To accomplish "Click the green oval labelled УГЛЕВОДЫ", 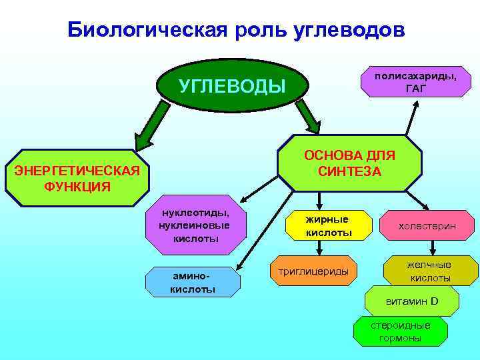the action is [232, 86].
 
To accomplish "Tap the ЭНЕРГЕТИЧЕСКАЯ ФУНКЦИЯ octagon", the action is [77, 177].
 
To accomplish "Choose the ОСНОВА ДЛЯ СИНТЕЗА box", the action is [349, 163].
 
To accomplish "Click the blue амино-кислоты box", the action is [193, 282].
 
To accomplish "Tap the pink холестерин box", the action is [427, 226].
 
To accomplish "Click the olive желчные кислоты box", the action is [430, 271].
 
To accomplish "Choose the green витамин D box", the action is [412, 301].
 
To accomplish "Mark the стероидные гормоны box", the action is [400, 331].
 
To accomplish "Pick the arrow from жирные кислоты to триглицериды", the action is [321, 248].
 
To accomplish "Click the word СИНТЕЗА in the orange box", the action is [349, 171].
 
